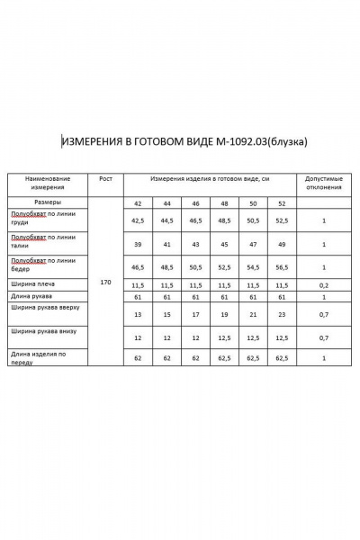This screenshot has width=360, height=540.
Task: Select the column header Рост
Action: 105,180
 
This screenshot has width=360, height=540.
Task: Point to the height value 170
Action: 105,283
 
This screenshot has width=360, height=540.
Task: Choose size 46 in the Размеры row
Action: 195,204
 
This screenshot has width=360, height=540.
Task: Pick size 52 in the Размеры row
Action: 283,204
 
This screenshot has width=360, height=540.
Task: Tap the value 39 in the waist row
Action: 138,244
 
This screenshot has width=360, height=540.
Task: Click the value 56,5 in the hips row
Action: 283,267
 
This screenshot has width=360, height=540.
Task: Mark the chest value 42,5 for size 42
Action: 138,220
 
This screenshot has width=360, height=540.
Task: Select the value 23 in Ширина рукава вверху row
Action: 283,315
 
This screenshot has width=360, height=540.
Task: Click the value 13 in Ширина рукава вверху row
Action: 138,315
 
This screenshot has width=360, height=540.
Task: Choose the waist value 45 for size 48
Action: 224,244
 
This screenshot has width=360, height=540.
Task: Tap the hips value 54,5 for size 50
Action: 253,267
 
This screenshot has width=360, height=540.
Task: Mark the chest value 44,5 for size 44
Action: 166,220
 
